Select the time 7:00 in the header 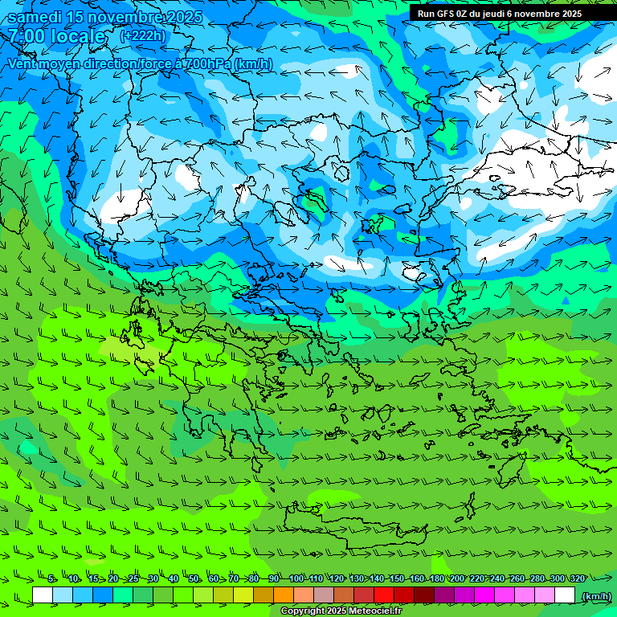27,36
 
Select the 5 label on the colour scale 51,578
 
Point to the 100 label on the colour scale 296,578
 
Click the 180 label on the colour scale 436,578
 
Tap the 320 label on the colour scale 577,578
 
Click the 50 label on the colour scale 194,578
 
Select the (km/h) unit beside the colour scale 596,596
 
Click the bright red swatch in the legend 384,595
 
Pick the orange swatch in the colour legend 284,595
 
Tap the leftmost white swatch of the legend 43,595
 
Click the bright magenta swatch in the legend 484,595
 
